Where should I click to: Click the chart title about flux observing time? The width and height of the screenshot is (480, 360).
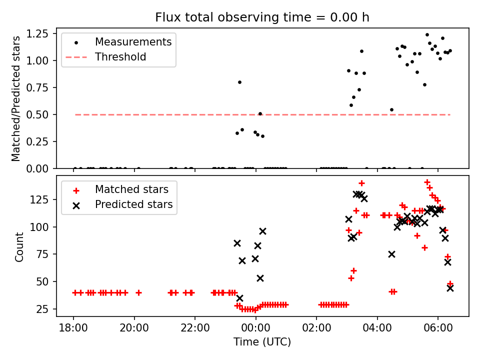click(262, 17)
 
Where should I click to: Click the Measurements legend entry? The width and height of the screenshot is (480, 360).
click(133, 41)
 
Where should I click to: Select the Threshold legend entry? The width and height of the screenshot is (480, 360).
click(120, 57)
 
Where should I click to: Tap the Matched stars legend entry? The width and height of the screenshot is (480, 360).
click(131, 189)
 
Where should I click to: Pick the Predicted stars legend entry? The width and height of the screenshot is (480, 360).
click(134, 204)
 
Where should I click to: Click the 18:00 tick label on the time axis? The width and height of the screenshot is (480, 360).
click(73, 328)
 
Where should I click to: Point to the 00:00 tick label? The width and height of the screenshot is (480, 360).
click(255, 328)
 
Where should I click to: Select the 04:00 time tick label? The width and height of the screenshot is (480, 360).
click(377, 328)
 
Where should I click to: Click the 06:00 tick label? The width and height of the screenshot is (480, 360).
click(438, 328)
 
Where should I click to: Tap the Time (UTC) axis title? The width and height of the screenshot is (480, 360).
click(262, 342)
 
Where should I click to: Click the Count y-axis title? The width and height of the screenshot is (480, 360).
click(19, 247)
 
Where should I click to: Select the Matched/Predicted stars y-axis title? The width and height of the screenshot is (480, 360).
click(16, 98)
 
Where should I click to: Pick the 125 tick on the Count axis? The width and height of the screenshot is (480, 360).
click(44, 199)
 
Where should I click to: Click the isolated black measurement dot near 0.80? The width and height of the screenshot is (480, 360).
click(239, 82)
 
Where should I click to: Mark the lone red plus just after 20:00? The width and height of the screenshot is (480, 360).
click(138, 292)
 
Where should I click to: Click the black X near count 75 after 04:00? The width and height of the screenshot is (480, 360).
click(391, 254)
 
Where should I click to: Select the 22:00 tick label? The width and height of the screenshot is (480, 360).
click(195, 328)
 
